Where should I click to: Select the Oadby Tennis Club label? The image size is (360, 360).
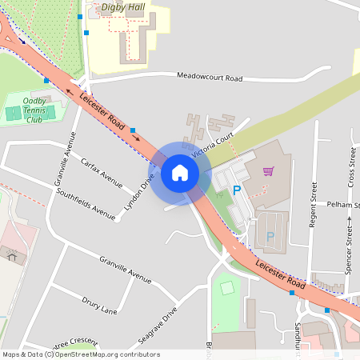tap(34, 110)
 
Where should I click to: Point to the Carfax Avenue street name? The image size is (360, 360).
tap(102, 170)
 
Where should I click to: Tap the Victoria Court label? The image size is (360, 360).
tap(211, 145)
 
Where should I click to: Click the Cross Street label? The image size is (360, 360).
tap(351, 167)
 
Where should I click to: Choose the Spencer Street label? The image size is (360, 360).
tap(349, 249)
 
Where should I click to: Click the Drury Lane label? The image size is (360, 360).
tap(99, 305)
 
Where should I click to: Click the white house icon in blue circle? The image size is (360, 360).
tap(179, 173)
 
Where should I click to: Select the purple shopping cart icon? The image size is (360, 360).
tap(268, 170)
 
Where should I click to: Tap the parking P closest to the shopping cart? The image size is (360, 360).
tap(236, 190)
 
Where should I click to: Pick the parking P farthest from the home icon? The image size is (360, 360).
tap(270, 236)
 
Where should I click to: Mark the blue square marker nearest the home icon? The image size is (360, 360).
tap(133, 130)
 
